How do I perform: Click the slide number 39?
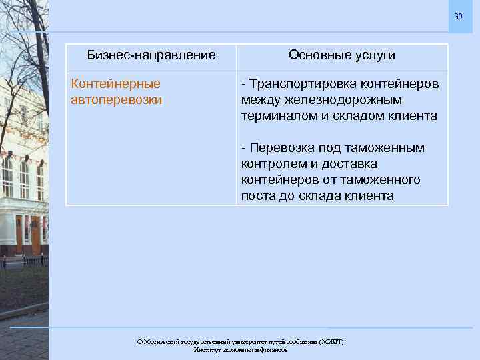click(x=458, y=17)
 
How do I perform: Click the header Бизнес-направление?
click(x=152, y=55)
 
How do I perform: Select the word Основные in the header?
click(x=316, y=55)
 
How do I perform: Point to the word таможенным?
click(x=382, y=148)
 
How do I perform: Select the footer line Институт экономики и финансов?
click(x=240, y=350)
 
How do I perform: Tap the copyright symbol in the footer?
click(x=140, y=342)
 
